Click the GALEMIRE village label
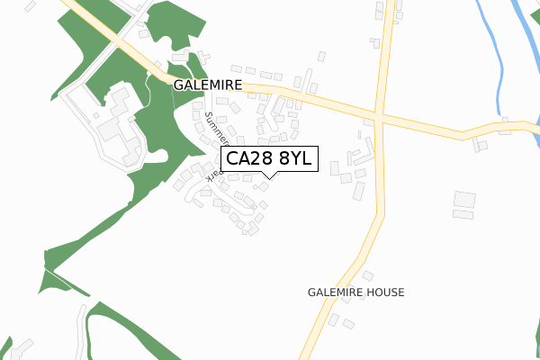(208, 85)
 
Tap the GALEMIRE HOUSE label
(355, 292)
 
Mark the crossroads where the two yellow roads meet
(382, 118)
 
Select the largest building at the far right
(464, 199)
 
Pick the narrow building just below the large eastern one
(463, 214)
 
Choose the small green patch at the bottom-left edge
(5, 347)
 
